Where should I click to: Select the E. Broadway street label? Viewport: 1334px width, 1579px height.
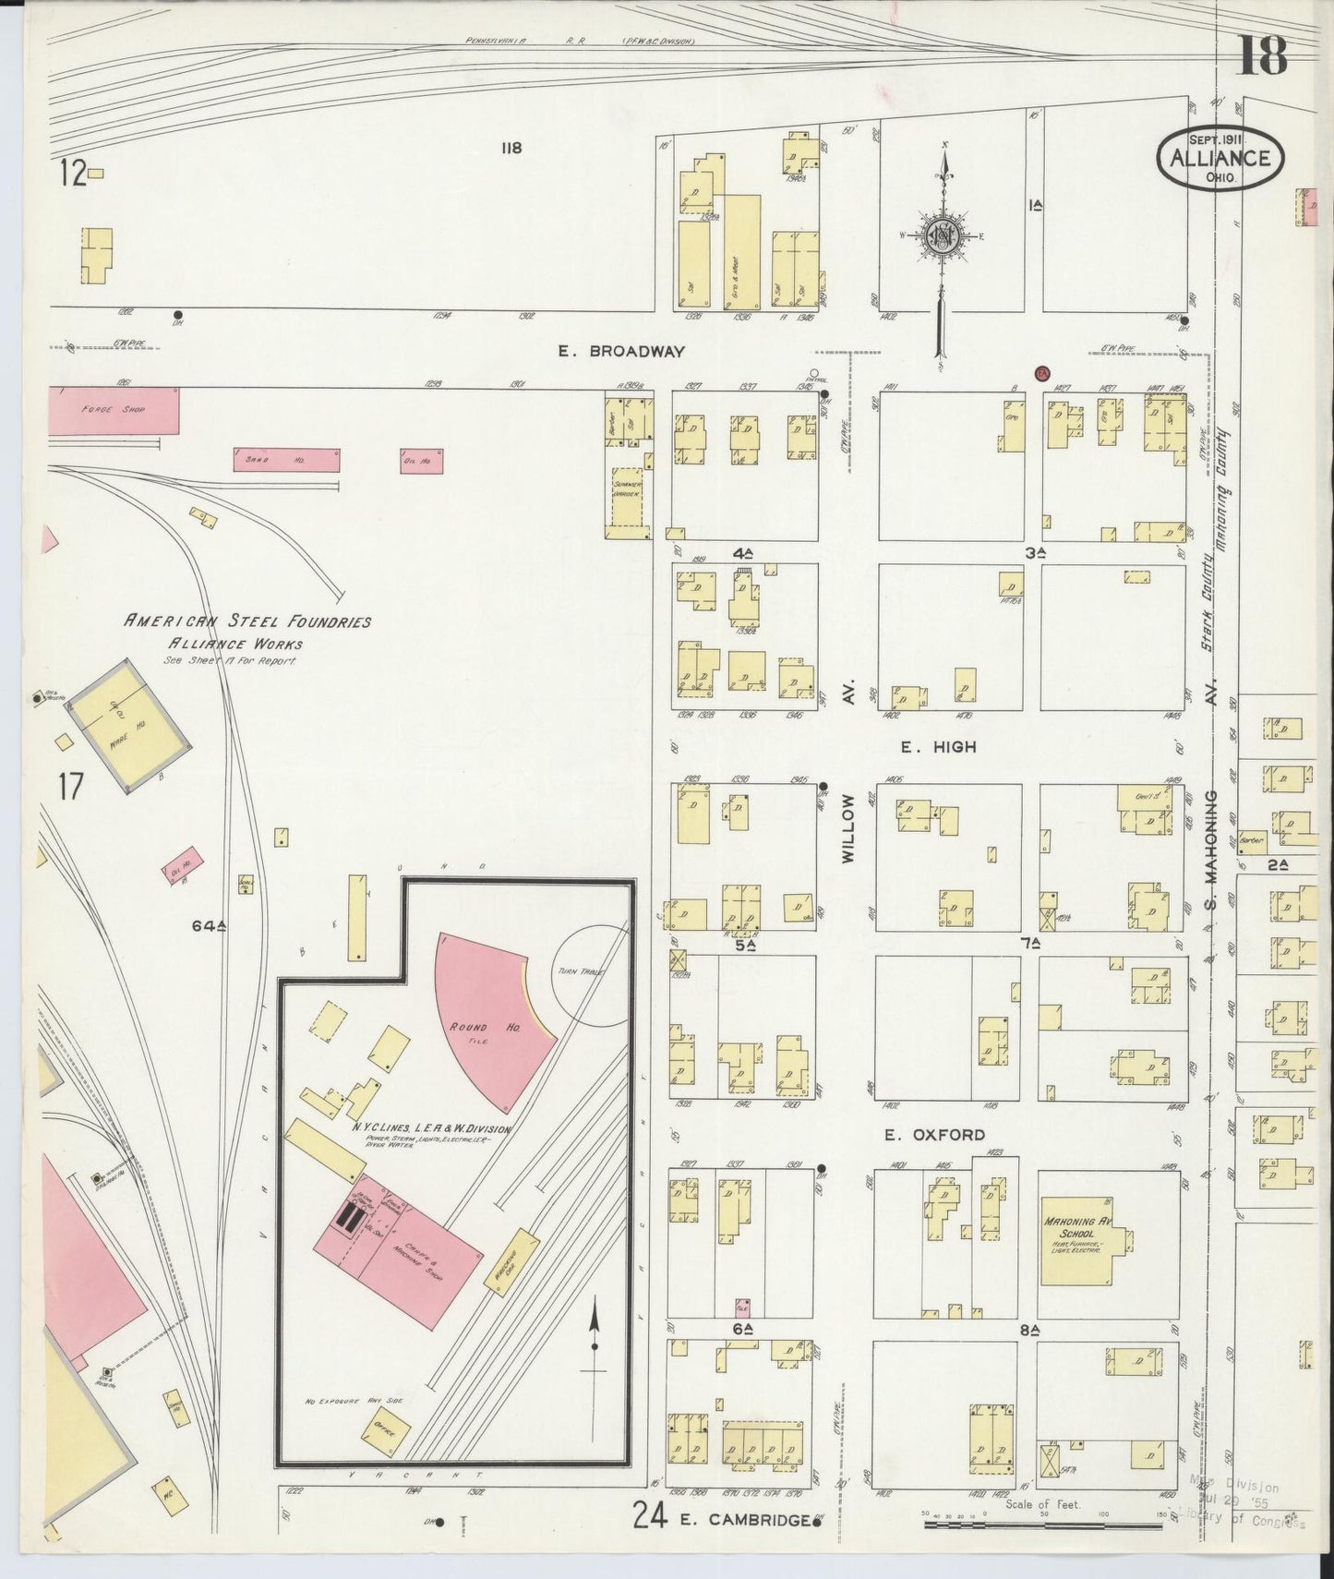pos(621,351)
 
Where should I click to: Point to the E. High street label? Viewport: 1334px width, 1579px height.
pos(938,746)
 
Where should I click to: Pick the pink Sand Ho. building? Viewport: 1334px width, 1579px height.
pos(286,460)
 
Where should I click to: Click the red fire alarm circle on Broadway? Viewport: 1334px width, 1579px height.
pos(1042,372)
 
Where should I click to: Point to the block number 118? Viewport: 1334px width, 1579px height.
pos(511,148)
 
